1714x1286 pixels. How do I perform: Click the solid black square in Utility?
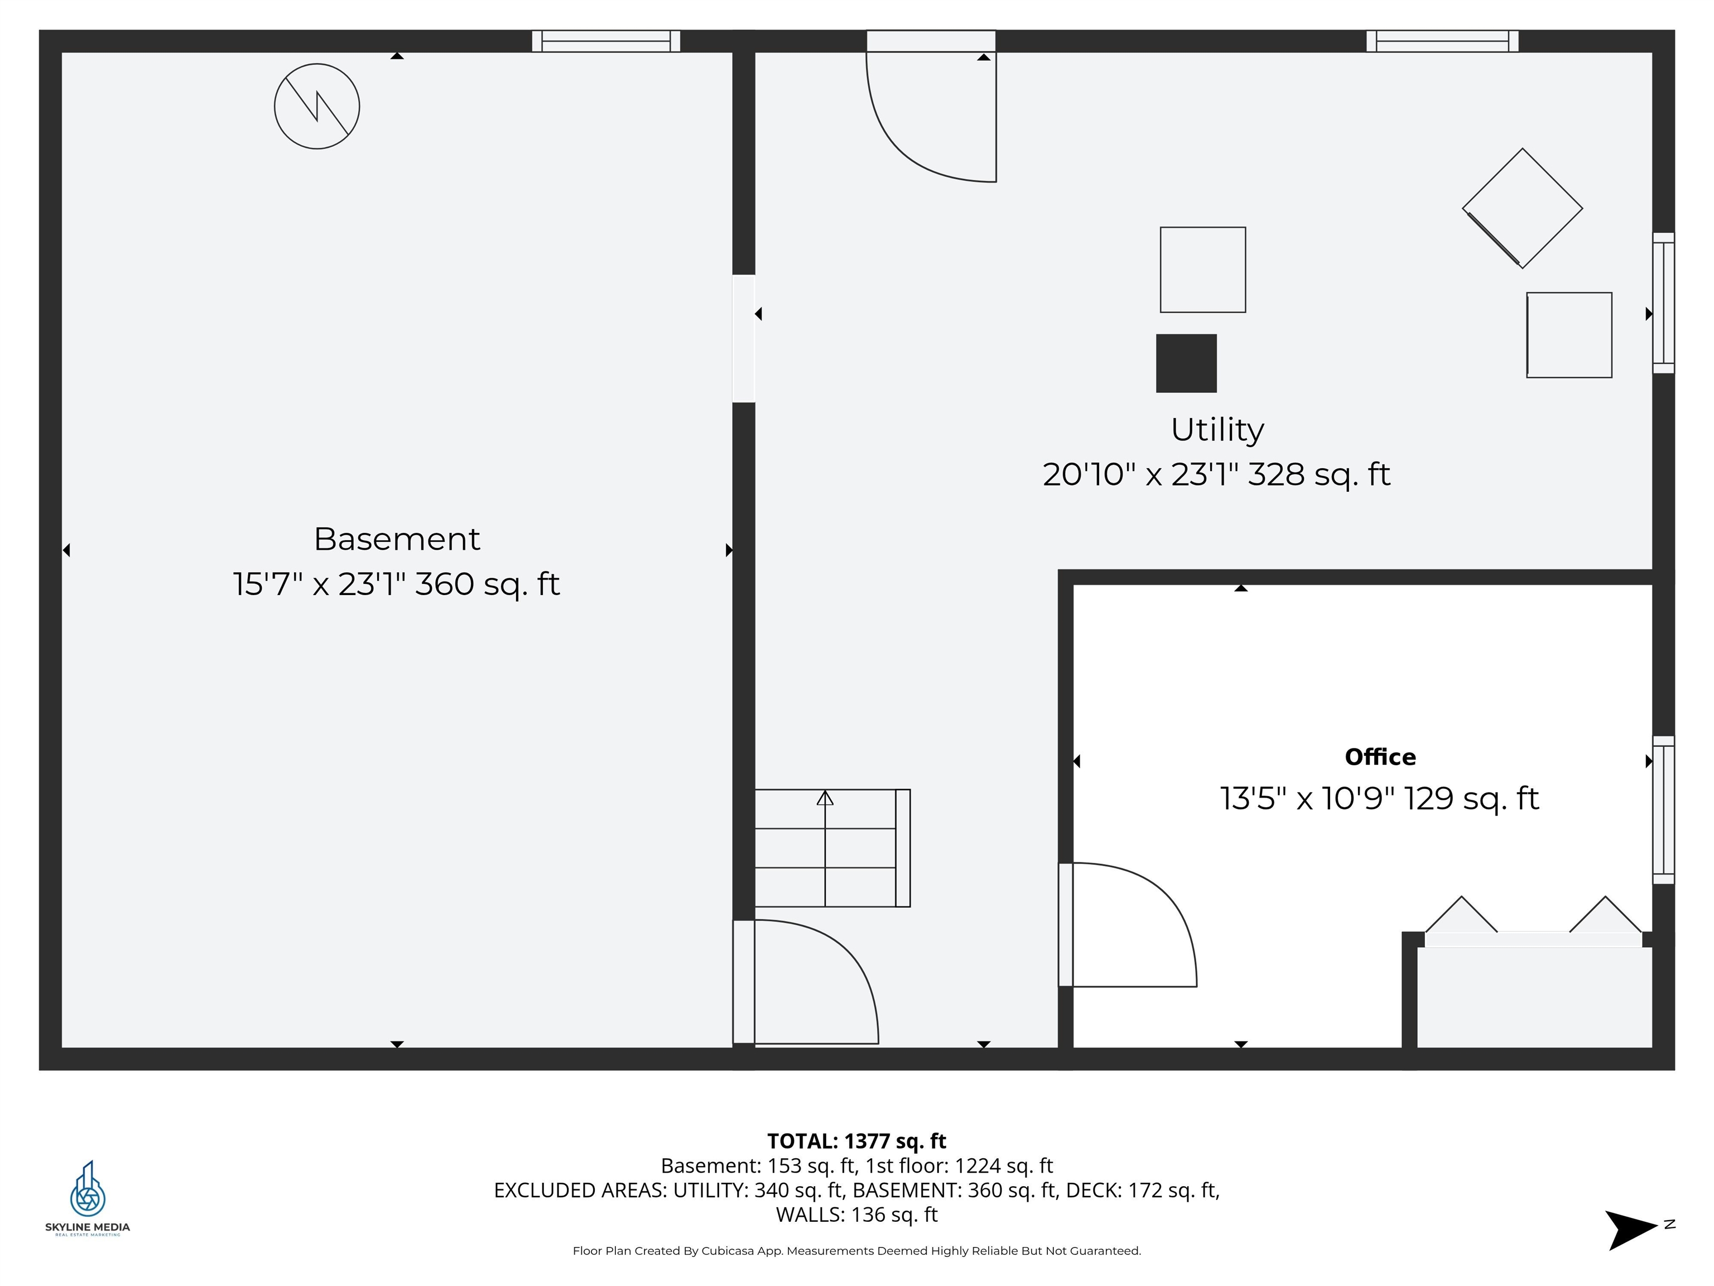click(x=1186, y=363)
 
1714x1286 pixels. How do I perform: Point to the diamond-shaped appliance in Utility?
click(x=1522, y=209)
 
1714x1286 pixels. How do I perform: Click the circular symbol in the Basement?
click(x=317, y=106)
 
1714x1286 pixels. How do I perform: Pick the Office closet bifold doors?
click(x=1533, y=923)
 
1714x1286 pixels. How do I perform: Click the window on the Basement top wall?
click(x=606, y=41)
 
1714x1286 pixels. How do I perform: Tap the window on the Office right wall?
click(x=1663, y=809)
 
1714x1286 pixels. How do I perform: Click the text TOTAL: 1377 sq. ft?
click(x=856, y=1141)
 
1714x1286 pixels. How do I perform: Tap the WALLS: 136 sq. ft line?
click(x=856, y=1215)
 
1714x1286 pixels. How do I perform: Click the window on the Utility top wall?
click(x=1442, y=41)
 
